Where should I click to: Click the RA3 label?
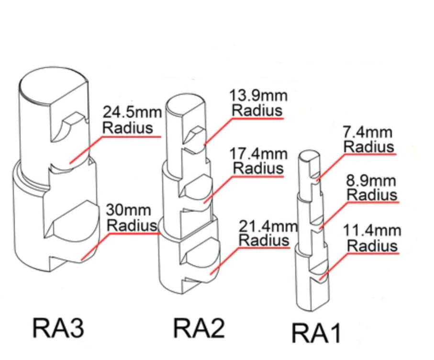58,328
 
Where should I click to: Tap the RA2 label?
198,328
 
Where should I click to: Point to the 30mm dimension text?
129,210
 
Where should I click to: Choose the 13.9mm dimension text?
258,96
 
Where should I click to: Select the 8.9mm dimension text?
371,181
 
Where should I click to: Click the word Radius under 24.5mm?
128,128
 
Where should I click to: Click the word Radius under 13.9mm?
257,110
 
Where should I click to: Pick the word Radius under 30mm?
131,225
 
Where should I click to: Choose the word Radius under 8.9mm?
372,195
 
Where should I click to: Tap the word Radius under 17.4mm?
258,169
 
